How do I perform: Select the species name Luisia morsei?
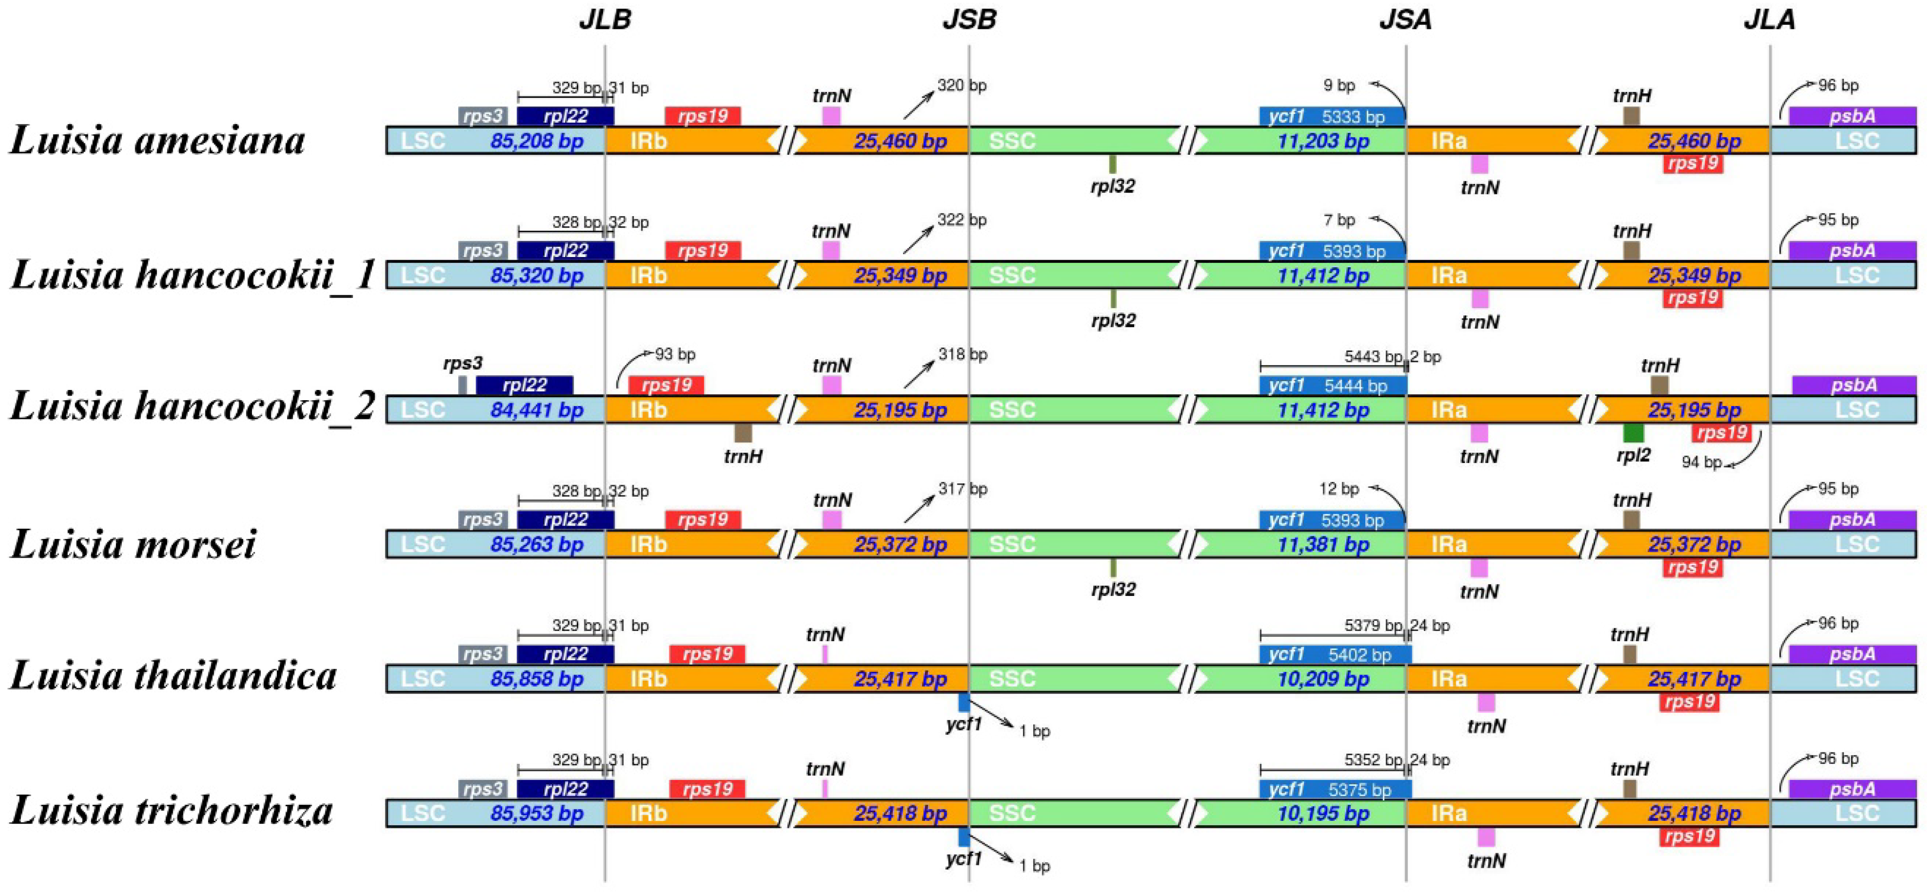point(133,543)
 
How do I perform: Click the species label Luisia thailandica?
point(174,676)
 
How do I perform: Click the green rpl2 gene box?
point(1633,433)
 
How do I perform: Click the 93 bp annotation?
point(675,354)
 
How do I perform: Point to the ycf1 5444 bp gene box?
point(1333,386)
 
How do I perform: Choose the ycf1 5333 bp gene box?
point(1331,116)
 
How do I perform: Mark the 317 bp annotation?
point(963,489)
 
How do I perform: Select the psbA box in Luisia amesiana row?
point(1852,116)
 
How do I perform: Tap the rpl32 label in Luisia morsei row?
point(1113,590)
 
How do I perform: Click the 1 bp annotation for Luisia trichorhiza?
point(1035,866)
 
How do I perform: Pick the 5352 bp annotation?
point(1373,760)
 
